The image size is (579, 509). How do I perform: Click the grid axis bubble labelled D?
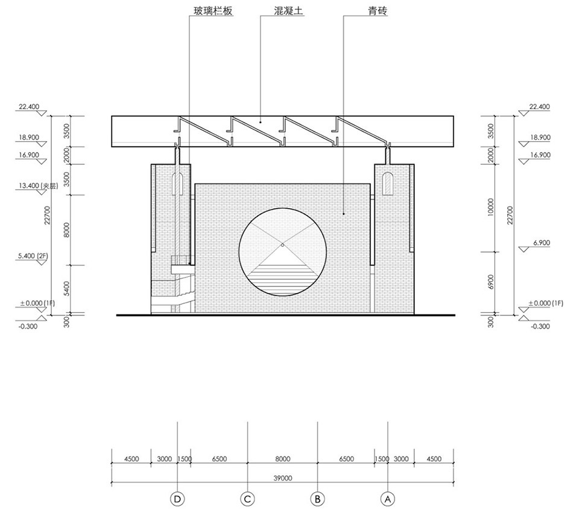coord(177,499)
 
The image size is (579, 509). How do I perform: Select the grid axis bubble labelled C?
coord(247,499)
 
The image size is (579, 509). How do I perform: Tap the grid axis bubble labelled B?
coord(318,499)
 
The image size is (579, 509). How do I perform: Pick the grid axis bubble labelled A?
coord(388,499)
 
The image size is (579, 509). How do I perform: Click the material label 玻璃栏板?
coord(214,11)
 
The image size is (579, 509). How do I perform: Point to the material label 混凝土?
coord(289,11)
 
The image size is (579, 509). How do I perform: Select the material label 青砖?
coord(378,11)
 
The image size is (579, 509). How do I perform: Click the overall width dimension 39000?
coord(283,478)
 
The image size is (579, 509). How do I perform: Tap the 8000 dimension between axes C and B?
coord(283,459)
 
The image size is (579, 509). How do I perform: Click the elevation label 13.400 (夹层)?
coord(39,186)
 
